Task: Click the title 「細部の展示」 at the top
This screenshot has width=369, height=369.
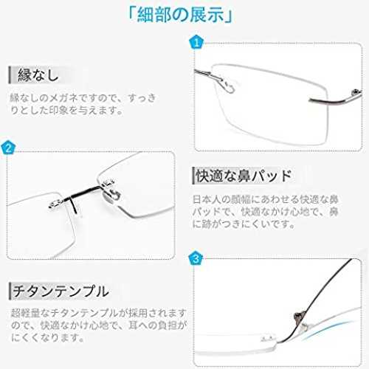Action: coord(180,15)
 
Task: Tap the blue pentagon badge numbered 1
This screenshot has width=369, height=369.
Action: coord(196,42)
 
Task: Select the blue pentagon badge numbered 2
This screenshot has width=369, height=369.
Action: coord(8,148)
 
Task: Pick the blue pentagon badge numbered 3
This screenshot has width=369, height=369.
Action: coord(196,258)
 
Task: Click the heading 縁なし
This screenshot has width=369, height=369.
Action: coord(38,75)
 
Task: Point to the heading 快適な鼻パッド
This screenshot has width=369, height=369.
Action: coord(244,176)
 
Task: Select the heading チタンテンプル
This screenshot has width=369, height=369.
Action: coord(61,291)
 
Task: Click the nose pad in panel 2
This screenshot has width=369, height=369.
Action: coord(111,195)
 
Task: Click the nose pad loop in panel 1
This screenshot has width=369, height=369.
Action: coord(227,86)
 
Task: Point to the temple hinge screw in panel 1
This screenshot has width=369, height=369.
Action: coord(355,92)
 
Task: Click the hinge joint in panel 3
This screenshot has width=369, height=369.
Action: coord(299,317)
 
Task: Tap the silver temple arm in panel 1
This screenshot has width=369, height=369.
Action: coord(335,100)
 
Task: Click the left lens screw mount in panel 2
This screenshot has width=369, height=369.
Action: coord(56,203)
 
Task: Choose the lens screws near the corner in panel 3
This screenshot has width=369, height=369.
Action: coord(268,338)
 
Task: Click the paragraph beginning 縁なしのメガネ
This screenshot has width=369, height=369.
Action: coord(83,104)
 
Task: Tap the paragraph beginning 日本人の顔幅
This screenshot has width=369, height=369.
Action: coord(265,212)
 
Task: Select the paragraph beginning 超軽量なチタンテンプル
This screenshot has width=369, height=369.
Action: coord(98,325)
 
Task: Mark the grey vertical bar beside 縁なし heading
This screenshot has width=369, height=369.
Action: coord(10,75)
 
